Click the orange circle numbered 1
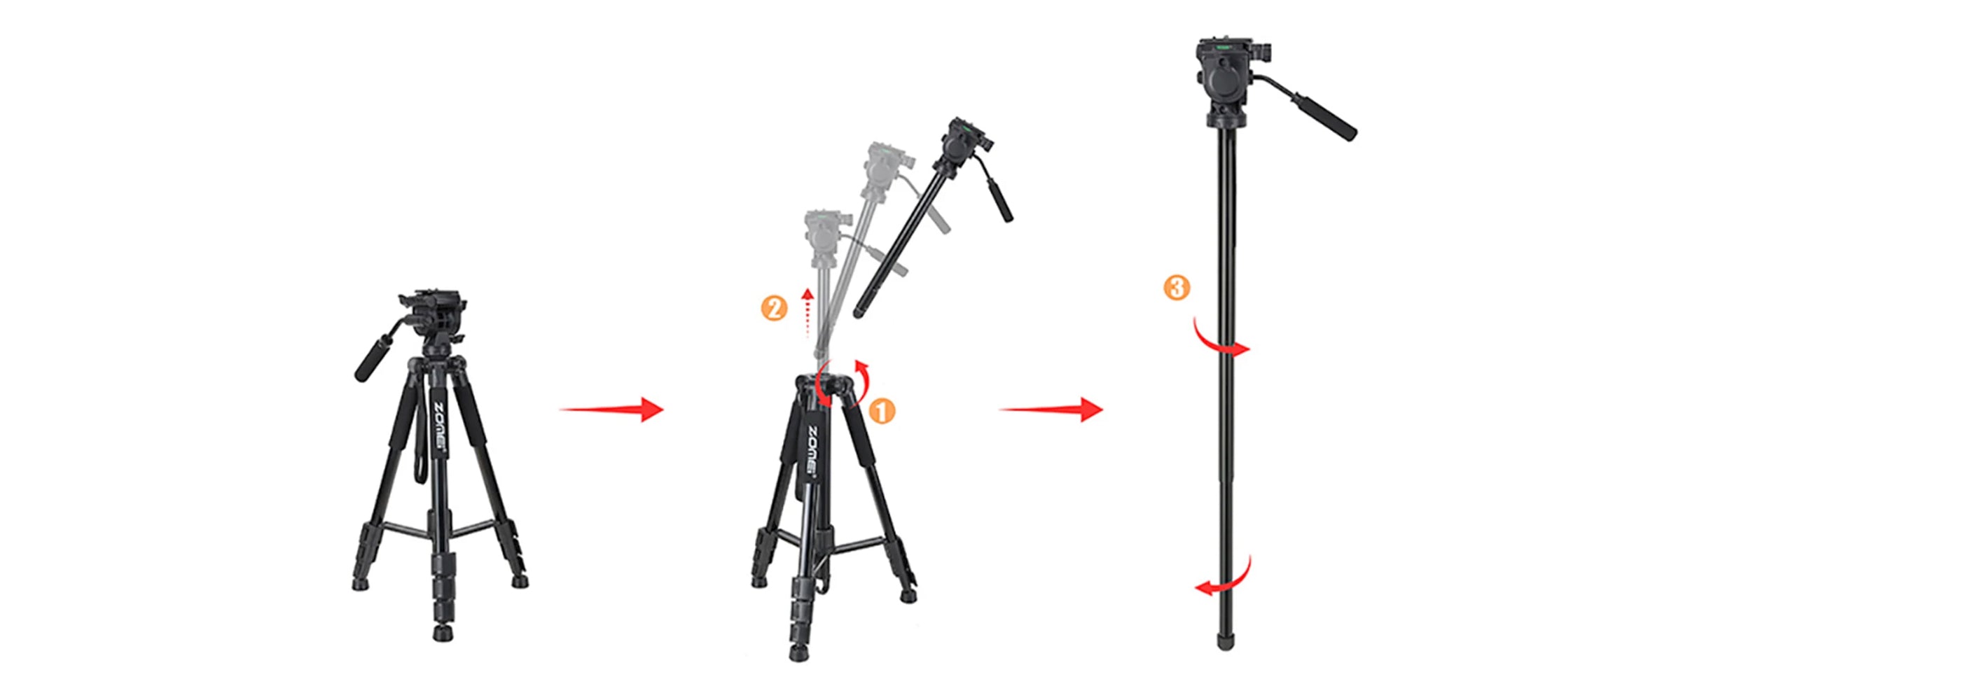pos(882,411)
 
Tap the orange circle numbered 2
pos(774,308)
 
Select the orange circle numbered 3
pos(1177,288)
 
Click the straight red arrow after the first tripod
pos(612,409)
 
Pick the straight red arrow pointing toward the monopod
pos(1051,409)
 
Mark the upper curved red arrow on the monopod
pos(1218,341)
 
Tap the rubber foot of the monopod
pos(1226,642)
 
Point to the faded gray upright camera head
pos(824,237)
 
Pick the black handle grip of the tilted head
pos(999,199)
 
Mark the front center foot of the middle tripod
pos(798,652)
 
